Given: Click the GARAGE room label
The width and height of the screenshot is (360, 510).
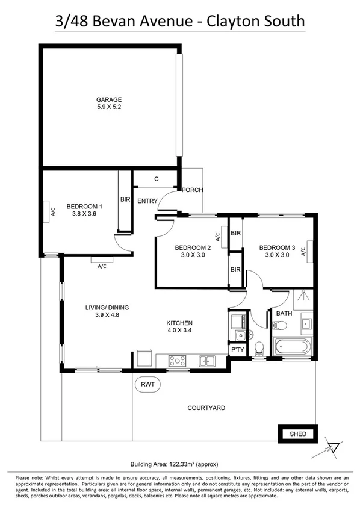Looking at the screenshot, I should [x=110, y=99].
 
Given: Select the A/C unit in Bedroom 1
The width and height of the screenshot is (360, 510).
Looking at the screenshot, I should [x=52, y=211].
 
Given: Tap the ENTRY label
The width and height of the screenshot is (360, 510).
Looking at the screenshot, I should [x=147, y=201].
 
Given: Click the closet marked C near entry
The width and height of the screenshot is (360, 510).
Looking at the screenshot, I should [x=156, y=179].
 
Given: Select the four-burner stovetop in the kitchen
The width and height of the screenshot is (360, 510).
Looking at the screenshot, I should [x=178, y=361].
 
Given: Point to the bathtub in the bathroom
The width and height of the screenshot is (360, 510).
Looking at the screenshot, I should [x=291, y=347].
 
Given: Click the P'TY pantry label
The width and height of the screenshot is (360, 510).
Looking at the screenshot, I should [x=237, y=349].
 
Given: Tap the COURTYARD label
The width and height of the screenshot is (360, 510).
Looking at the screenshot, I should [x=206, y=408].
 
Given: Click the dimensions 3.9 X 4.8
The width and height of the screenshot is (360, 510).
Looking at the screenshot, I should [x=107, y=315].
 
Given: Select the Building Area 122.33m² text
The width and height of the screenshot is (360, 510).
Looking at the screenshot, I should [x=179, y=464].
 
